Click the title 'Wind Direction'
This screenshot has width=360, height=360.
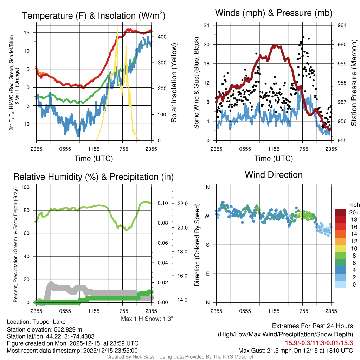(274, 175)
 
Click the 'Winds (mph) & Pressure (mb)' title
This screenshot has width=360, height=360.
(274, 13)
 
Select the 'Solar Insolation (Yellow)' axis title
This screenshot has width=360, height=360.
(174, 83)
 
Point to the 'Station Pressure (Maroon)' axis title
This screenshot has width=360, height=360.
(353, 83)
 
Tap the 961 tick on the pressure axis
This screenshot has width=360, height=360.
(342, 25)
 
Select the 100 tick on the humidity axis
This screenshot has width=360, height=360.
(27, 187)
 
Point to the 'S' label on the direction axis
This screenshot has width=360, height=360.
(207, 245)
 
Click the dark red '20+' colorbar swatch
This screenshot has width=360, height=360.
(341, 212)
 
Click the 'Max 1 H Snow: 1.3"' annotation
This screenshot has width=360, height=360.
(147, 319)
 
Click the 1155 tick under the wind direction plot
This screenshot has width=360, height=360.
(274, 311)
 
